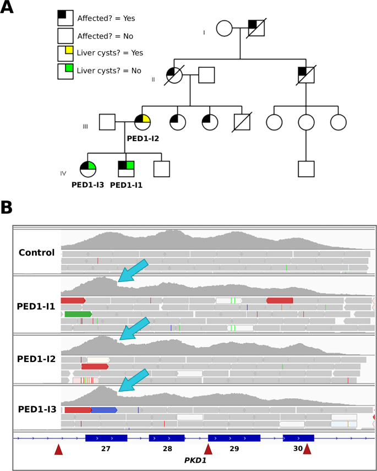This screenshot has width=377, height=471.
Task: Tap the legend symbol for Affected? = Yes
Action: coord(65,18)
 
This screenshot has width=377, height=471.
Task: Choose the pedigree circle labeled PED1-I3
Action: coord(88,169)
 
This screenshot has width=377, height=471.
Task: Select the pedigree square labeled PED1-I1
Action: coord(127,169)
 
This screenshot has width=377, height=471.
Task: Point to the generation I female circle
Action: coord(224,28)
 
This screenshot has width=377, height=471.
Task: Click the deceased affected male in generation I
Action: coord(256,28)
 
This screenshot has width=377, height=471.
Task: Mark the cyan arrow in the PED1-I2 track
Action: coord(134,329)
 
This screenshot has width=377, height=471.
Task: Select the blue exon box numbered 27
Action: coord(106,438)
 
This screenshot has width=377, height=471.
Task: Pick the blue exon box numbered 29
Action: coord(234,438)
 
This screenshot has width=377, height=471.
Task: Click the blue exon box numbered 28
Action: coord(167,438)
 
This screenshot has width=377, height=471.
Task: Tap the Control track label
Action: coord(36,253)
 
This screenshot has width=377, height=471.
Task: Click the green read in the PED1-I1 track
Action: coord(78,314)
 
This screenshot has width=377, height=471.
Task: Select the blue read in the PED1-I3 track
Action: coord(104,410)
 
